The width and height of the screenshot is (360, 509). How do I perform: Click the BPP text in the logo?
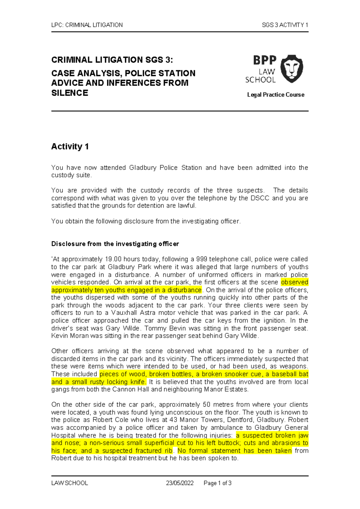pos(265,60)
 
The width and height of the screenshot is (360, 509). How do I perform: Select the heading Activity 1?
pos(70,146)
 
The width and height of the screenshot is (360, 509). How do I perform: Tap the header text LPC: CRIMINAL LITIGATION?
pos(87,25)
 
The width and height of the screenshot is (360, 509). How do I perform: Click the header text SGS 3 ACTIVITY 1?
pos(285,25)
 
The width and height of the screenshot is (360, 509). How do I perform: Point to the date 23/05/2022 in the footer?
pos(180,483)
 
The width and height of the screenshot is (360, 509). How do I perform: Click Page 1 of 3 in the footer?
pos(217,483)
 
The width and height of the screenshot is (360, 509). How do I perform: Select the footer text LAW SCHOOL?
pos(70,483)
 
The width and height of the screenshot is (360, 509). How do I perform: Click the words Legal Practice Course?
pos(275,95)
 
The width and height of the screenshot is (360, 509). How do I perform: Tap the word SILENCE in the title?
pos(70,93)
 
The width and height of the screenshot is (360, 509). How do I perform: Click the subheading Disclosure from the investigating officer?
pos(115,244)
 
